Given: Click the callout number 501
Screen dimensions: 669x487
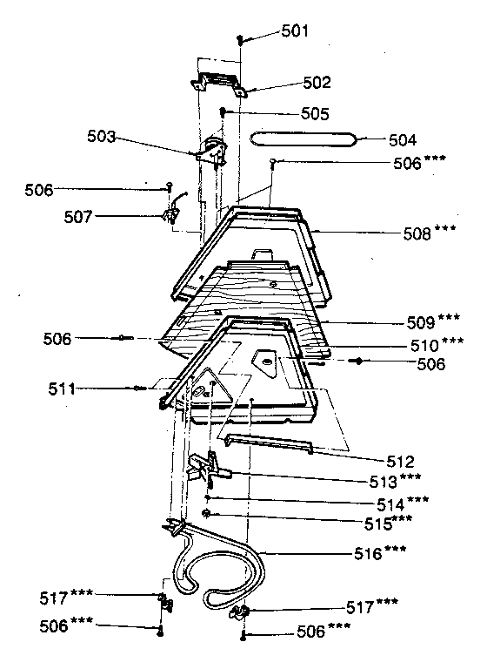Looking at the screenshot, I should [296, 31].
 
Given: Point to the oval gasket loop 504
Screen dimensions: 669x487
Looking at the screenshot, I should [304, 138].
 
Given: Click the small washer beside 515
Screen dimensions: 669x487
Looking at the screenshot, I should [207, 514].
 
